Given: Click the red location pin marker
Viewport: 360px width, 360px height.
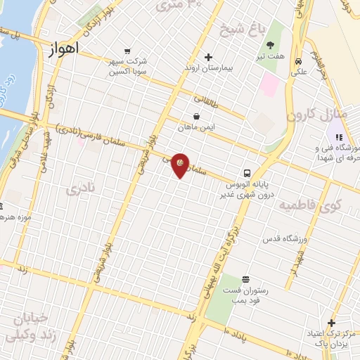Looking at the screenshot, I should tap(181, 165).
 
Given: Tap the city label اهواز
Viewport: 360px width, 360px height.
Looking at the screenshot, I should tap(65, 49).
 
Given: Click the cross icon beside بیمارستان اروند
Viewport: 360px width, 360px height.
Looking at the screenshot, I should tap(208, 58).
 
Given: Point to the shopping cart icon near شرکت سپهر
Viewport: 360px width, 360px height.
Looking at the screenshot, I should tap(127, 51).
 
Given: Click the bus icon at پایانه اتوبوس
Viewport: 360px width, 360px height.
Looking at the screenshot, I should tap(247, 173).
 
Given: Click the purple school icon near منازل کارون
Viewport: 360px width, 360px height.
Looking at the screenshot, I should tap(338, 136).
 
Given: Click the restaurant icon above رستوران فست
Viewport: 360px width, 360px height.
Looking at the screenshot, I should tap(245, 279).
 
